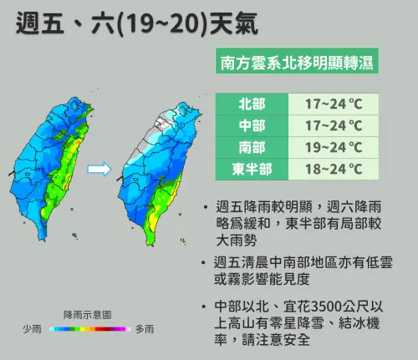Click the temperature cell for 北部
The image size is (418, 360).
point(332,104)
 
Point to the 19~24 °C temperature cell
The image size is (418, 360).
point(332,148)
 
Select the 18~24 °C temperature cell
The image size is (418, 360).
point(332,170)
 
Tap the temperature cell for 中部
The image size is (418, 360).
point(332,126)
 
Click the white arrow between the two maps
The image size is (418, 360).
point(99,170)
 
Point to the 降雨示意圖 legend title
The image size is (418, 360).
point(88,315)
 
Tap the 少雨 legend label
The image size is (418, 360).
point(32,329)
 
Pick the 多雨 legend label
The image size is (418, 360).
point(145,329)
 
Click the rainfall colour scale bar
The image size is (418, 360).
point(88,330)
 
